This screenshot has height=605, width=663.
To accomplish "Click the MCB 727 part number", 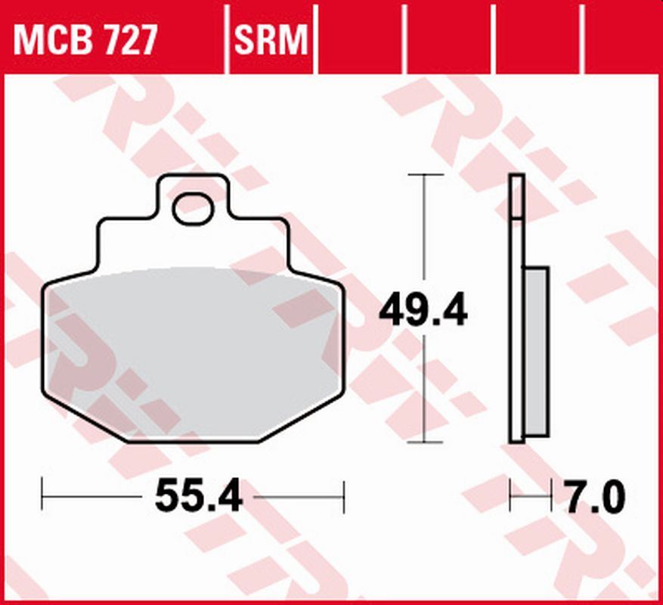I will [x=85, y=39].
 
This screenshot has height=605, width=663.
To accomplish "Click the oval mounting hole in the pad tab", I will [x=193, y=209].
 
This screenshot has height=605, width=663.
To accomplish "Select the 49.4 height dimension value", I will [x=423, y=310].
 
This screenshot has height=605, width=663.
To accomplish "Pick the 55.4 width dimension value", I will [x=198, y=497].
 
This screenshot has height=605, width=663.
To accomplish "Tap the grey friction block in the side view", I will [x=537, y=351].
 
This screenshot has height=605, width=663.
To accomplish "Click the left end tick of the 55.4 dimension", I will [x=42, y=497].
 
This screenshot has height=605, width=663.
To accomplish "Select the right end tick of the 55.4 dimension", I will [x=344, y=497].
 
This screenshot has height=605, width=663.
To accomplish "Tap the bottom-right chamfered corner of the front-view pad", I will [x=302, y=420].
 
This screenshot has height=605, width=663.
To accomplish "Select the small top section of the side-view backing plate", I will [x=516, y=197].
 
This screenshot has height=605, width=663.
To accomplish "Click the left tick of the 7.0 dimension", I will [x=510, y=497].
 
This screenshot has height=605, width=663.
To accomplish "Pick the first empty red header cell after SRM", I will [x=360, y=39].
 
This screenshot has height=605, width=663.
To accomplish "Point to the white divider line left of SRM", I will [x=228, y=39].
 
